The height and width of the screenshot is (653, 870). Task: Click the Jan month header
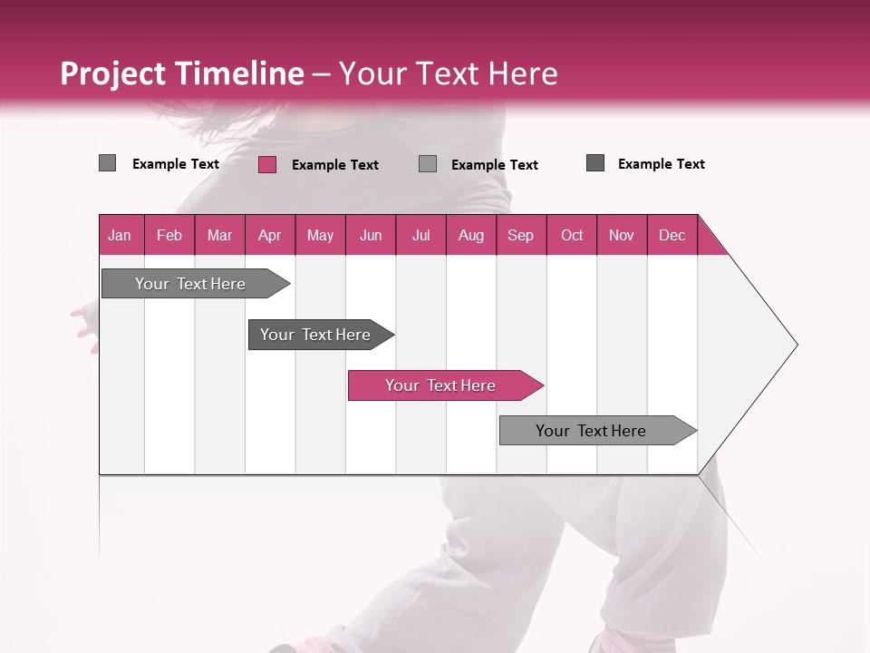point(121,235)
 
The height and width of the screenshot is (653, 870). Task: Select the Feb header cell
point(169,235)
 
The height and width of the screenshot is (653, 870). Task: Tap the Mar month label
point(219,235)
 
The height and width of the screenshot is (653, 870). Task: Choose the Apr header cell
point(270,235)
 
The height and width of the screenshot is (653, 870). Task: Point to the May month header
point(320,235)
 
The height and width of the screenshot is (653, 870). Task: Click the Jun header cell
point(371,235)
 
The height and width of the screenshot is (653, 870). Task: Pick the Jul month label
point(420,235)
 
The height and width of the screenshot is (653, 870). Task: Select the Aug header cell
point(471,235)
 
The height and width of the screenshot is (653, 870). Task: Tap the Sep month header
point(521,235)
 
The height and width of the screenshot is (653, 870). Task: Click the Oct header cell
point(572,235)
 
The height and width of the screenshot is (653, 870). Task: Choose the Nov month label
point(622,235)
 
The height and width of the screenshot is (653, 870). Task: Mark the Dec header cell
point(672,235)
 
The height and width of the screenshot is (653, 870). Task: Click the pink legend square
point(266,164)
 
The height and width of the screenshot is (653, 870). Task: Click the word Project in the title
point(113,73)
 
